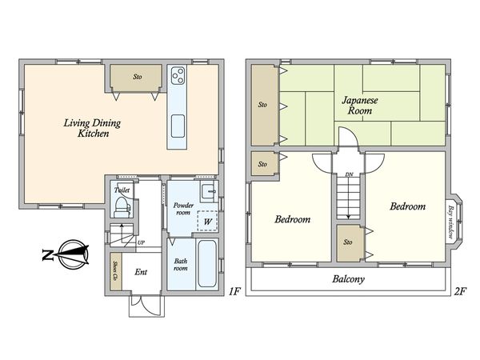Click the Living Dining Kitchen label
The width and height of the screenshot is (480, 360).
92,128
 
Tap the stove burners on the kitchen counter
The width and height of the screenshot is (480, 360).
178,75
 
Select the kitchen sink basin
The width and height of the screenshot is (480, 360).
178,126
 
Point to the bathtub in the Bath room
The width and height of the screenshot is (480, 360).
207,263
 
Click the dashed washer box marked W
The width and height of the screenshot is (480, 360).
207,221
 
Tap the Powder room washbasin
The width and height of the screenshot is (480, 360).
209,192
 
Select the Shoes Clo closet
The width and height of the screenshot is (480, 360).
116,271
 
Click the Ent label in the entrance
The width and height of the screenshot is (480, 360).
141,272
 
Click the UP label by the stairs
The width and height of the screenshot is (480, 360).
141,242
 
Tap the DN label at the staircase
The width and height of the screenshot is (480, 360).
349,174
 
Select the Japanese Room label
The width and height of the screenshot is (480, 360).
360,106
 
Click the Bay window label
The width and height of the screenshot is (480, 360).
450,222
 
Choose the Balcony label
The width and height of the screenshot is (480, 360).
348,279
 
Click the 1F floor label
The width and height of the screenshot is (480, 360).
234,291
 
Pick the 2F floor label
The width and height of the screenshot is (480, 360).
460,291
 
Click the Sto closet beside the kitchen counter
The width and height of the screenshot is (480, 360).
136,78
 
